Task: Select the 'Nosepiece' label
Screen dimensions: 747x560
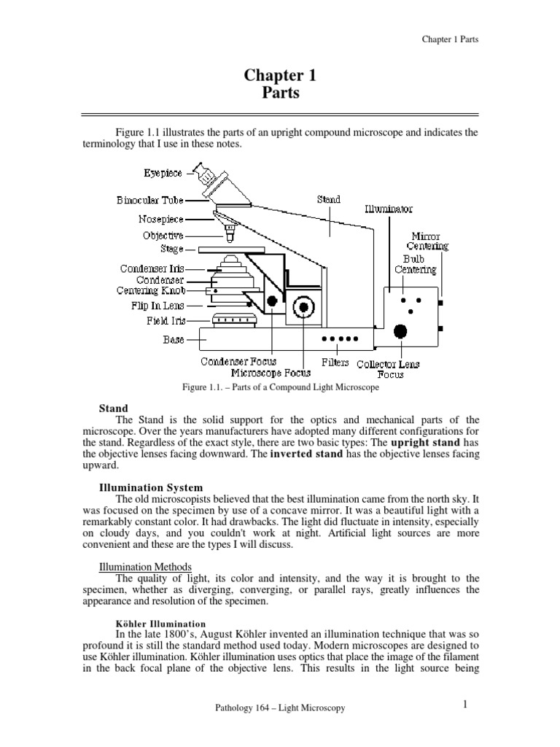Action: coord(160,218)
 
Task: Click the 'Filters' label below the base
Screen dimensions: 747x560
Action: coord(335,363)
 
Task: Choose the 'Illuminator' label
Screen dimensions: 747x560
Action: coord(388,209)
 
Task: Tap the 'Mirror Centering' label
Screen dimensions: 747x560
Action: coord(429,241)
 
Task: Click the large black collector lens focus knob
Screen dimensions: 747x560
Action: coord(400,332)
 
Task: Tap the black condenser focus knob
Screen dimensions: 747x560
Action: coord(272,300)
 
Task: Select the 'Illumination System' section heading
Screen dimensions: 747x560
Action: coord(150,487)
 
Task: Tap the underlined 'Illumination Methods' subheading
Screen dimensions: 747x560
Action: coord(144,566)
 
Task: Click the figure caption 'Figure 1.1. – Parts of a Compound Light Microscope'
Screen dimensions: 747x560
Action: coord(280,388)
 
